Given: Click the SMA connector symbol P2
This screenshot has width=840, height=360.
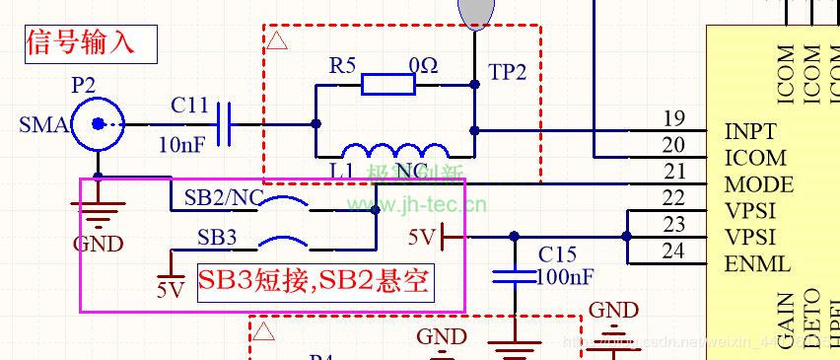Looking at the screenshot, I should [99, 124].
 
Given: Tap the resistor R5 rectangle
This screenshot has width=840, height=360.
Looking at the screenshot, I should [387, 85].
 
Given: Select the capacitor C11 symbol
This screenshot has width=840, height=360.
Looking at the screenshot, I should [224, 124].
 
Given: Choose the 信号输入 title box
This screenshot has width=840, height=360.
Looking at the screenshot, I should [93, 42].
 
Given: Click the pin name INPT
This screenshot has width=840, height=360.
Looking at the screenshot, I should [750, 131].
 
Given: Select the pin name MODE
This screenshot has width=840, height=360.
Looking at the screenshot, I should [758, 184].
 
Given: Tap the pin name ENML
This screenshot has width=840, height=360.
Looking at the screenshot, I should [756, 264].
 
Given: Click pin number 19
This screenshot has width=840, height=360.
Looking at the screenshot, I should [673, 119].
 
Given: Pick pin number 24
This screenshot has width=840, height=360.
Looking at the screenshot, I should [673, 252].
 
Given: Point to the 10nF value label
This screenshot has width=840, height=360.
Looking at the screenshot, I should [182, 145].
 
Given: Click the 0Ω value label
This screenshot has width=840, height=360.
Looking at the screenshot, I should [424, 66].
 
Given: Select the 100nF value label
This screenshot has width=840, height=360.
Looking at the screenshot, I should [565, 276].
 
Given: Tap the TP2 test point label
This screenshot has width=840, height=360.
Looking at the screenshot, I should [508, 72].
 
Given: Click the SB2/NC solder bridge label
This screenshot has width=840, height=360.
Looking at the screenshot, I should [223, 197].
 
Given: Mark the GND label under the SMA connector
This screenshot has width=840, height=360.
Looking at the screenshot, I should [99, 244].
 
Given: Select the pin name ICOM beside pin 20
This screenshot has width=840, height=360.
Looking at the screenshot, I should [755, 158].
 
